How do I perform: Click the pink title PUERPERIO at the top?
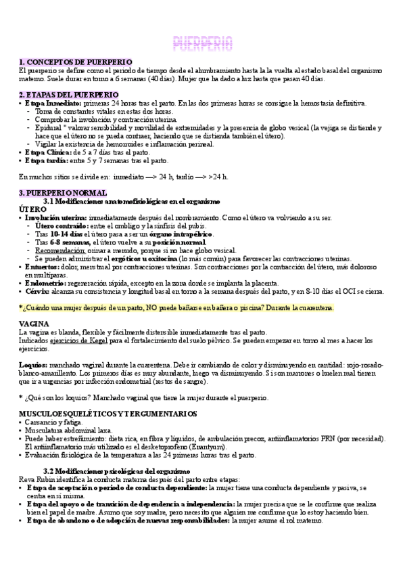[203, 43]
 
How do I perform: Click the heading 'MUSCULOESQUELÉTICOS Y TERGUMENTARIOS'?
[108, 413]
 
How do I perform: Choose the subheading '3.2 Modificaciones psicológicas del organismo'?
[126, 470]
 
